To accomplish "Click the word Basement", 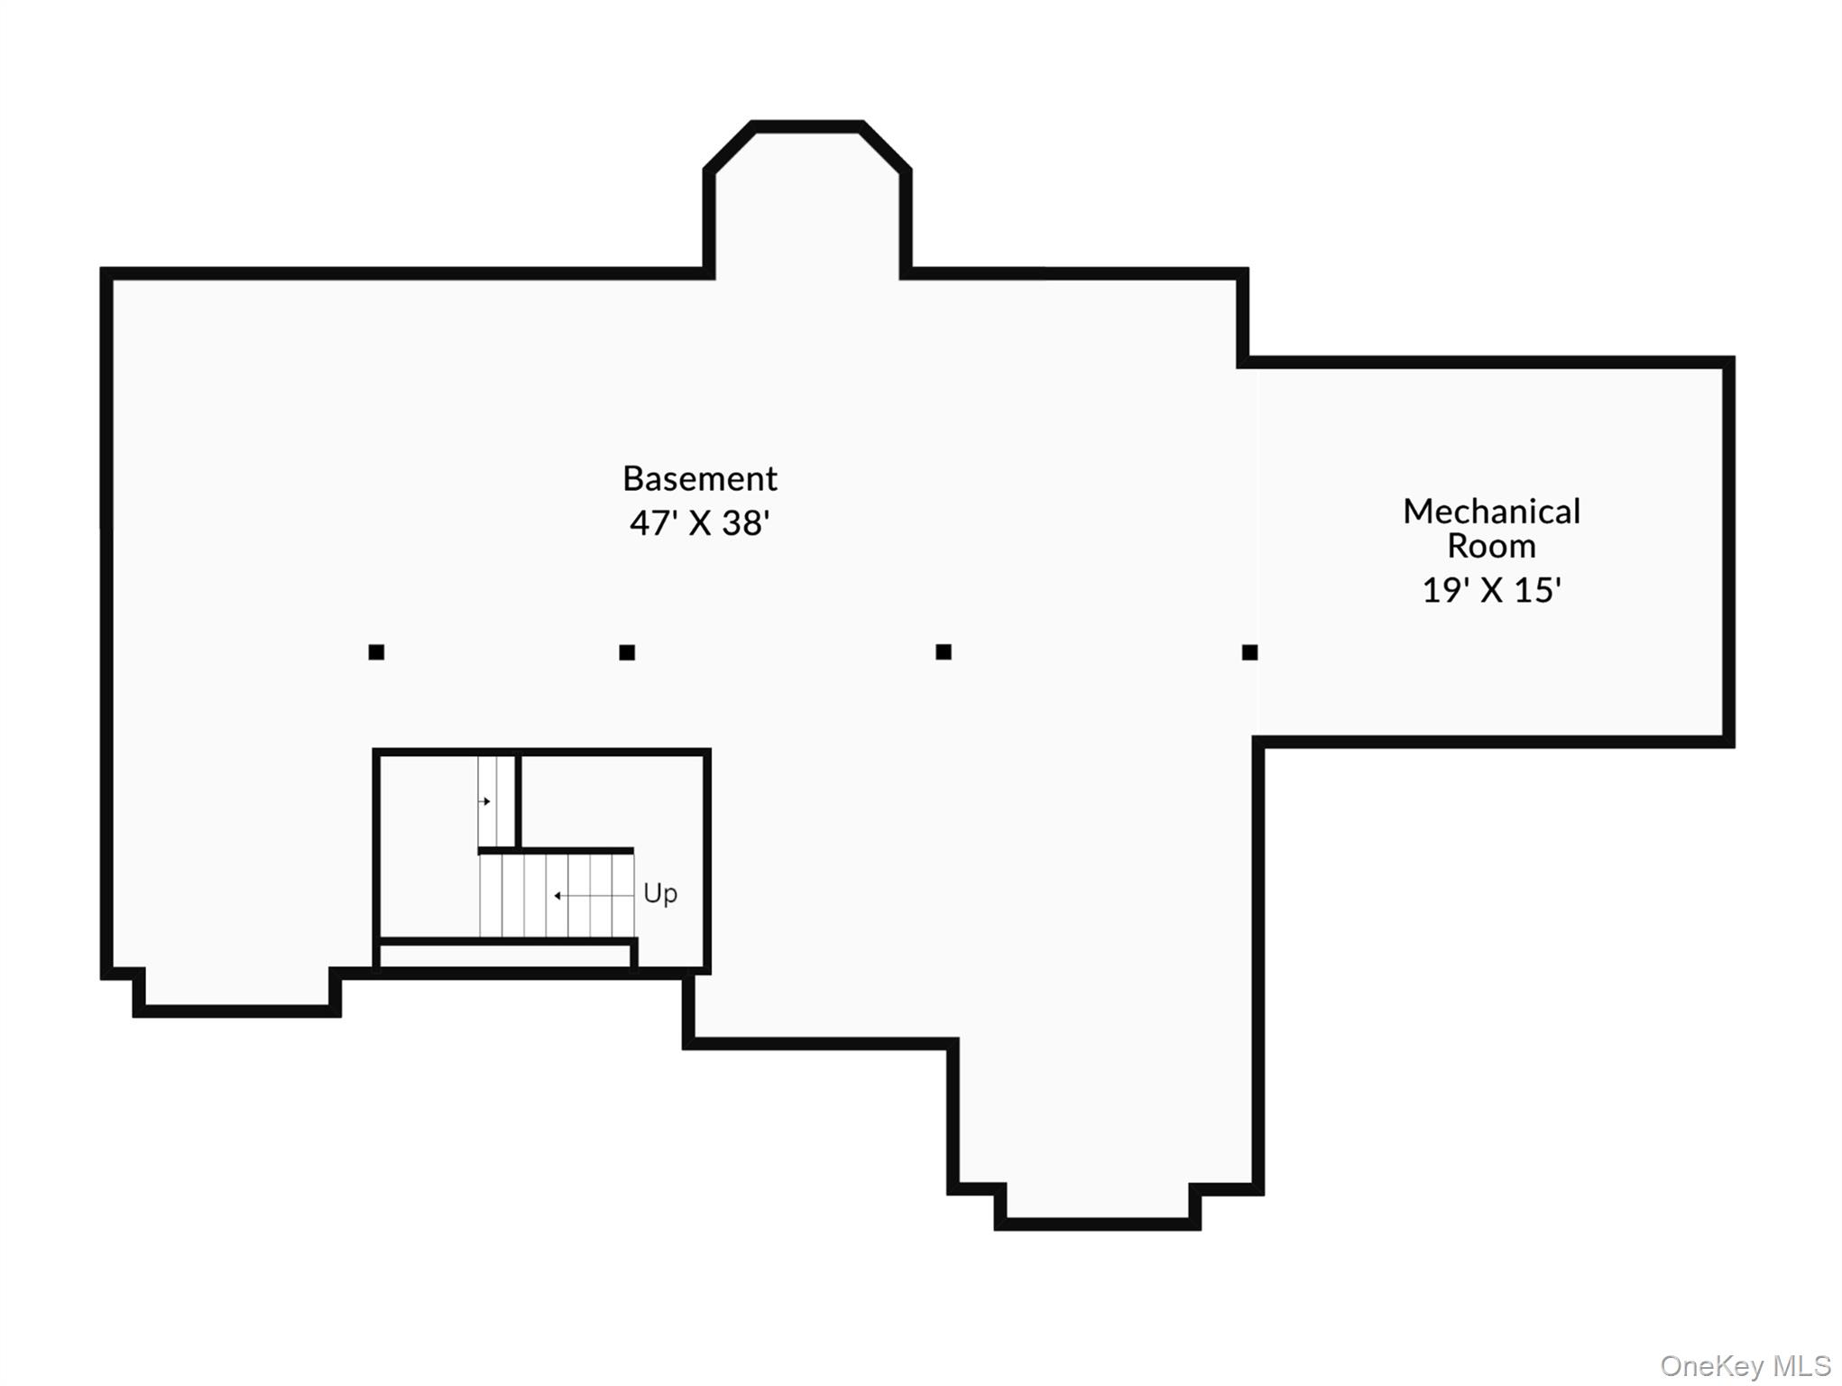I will coord(699,478).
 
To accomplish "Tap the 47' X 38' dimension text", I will coord(699,523).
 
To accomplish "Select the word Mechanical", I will coord(1491,512).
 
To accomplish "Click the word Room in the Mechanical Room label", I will coord(1491,546).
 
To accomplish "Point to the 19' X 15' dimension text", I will coord(1491,590).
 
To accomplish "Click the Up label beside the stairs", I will coord(659,893).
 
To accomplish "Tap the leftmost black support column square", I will coord(376,651).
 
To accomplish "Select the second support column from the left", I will coord(627,652).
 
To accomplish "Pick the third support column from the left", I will coord(944,651).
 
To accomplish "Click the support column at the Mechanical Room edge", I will coord(1249,651).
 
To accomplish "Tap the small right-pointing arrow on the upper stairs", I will coord(485,801).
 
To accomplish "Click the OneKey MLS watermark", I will coord(1745,1366).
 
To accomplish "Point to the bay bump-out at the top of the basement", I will coord(806,199).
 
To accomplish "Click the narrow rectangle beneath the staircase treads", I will coord(505,955).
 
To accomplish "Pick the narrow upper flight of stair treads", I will coord(496,801).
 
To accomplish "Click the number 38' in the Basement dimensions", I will coord(745,523).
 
